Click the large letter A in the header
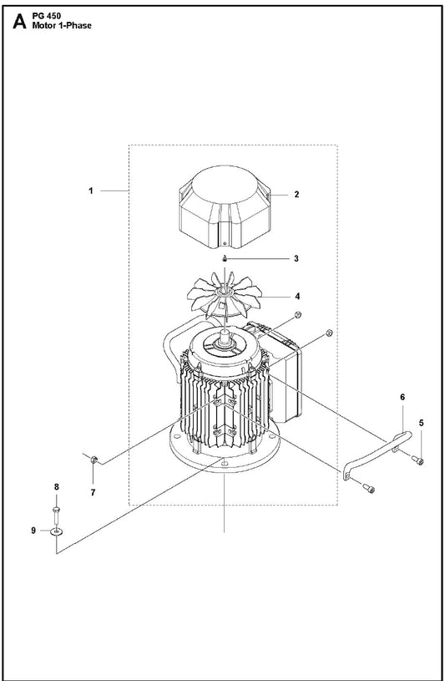19,21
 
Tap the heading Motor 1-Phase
62,26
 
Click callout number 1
91,191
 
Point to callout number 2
296,195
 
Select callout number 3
296,259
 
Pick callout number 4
297,297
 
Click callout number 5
421,423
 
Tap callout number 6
402,397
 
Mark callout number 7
93,493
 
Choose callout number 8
57,487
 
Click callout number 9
33,531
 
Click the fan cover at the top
224,206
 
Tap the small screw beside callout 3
225,259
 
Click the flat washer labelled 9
56,531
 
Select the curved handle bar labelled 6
377,452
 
